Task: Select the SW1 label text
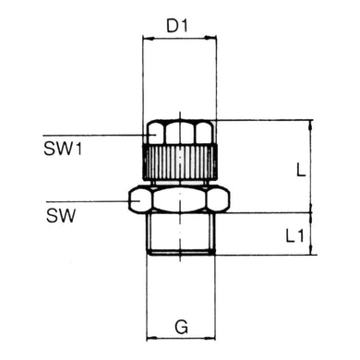pos(63,147)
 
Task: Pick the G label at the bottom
pos(182,328)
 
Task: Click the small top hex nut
pos(181,132)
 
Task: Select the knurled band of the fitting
pos(181,162)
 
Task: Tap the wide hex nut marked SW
pos(180,199)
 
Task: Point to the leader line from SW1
pos(102,136)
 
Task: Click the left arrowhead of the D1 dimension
pos(146,39)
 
